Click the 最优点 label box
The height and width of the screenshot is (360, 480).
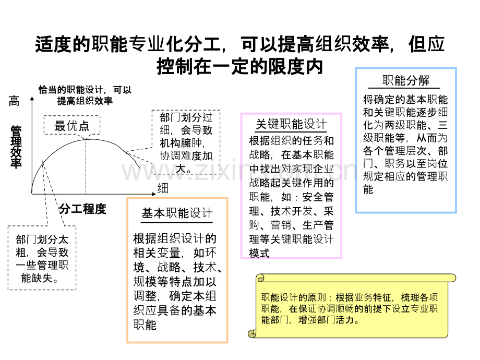pos(72,125)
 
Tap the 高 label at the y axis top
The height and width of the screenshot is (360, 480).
pos(14,101)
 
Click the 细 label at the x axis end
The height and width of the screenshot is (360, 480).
pos(163,188)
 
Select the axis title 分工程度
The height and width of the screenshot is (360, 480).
pos(82,209)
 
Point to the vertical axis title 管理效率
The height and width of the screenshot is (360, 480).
pos(16,147)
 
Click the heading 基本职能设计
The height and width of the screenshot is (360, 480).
pos(177,213)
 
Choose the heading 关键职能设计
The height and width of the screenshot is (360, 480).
pos(291,124)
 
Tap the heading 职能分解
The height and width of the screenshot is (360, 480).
pos(406,80)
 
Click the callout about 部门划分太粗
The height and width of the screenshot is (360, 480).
pos(42,258)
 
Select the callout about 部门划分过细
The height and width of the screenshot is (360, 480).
pos(186,142)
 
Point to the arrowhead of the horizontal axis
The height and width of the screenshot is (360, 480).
pos(154,194)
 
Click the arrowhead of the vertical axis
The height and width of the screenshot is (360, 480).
pos(32,98)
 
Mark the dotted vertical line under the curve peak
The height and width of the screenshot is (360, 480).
pos(86,166)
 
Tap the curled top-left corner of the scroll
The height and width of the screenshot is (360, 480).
pos(260,278)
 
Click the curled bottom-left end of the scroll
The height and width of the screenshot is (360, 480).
pos(252,334)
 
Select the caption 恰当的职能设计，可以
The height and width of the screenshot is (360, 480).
pos(85,90)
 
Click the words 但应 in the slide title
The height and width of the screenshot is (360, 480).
pos(426,44)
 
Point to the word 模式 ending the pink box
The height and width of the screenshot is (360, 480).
pos(259,253)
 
